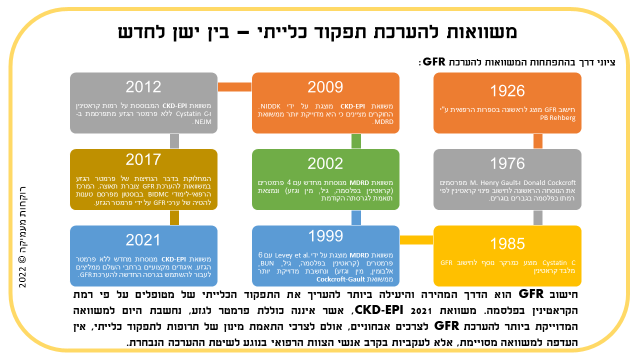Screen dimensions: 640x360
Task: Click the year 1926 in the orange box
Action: tap(507, 91)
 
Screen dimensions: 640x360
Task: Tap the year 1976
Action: tap(507, 163)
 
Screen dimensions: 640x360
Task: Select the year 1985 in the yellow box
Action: tap(507, 243)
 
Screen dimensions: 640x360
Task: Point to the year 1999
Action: tap(325, 236)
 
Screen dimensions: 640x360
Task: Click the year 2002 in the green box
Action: tap(325, 163)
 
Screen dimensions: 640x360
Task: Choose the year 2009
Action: tap(325, 87)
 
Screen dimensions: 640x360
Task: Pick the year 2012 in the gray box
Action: tap(143, 87)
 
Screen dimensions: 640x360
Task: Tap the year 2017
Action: tap(143, 159)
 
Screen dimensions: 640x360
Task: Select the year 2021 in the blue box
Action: tap(143, 240)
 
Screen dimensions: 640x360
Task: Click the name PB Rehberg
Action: tap(557, 117)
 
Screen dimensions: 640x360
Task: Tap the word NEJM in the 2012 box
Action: tap(202, 122)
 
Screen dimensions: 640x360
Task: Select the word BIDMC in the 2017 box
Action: tap(158, 194)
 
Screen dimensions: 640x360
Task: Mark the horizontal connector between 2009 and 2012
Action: tap(234, 87)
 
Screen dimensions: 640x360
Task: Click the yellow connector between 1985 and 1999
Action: tap(416, 240)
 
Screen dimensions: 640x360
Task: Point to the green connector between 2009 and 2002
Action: tap(356, 141)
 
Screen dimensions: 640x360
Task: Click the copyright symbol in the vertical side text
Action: tap(22, 259)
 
